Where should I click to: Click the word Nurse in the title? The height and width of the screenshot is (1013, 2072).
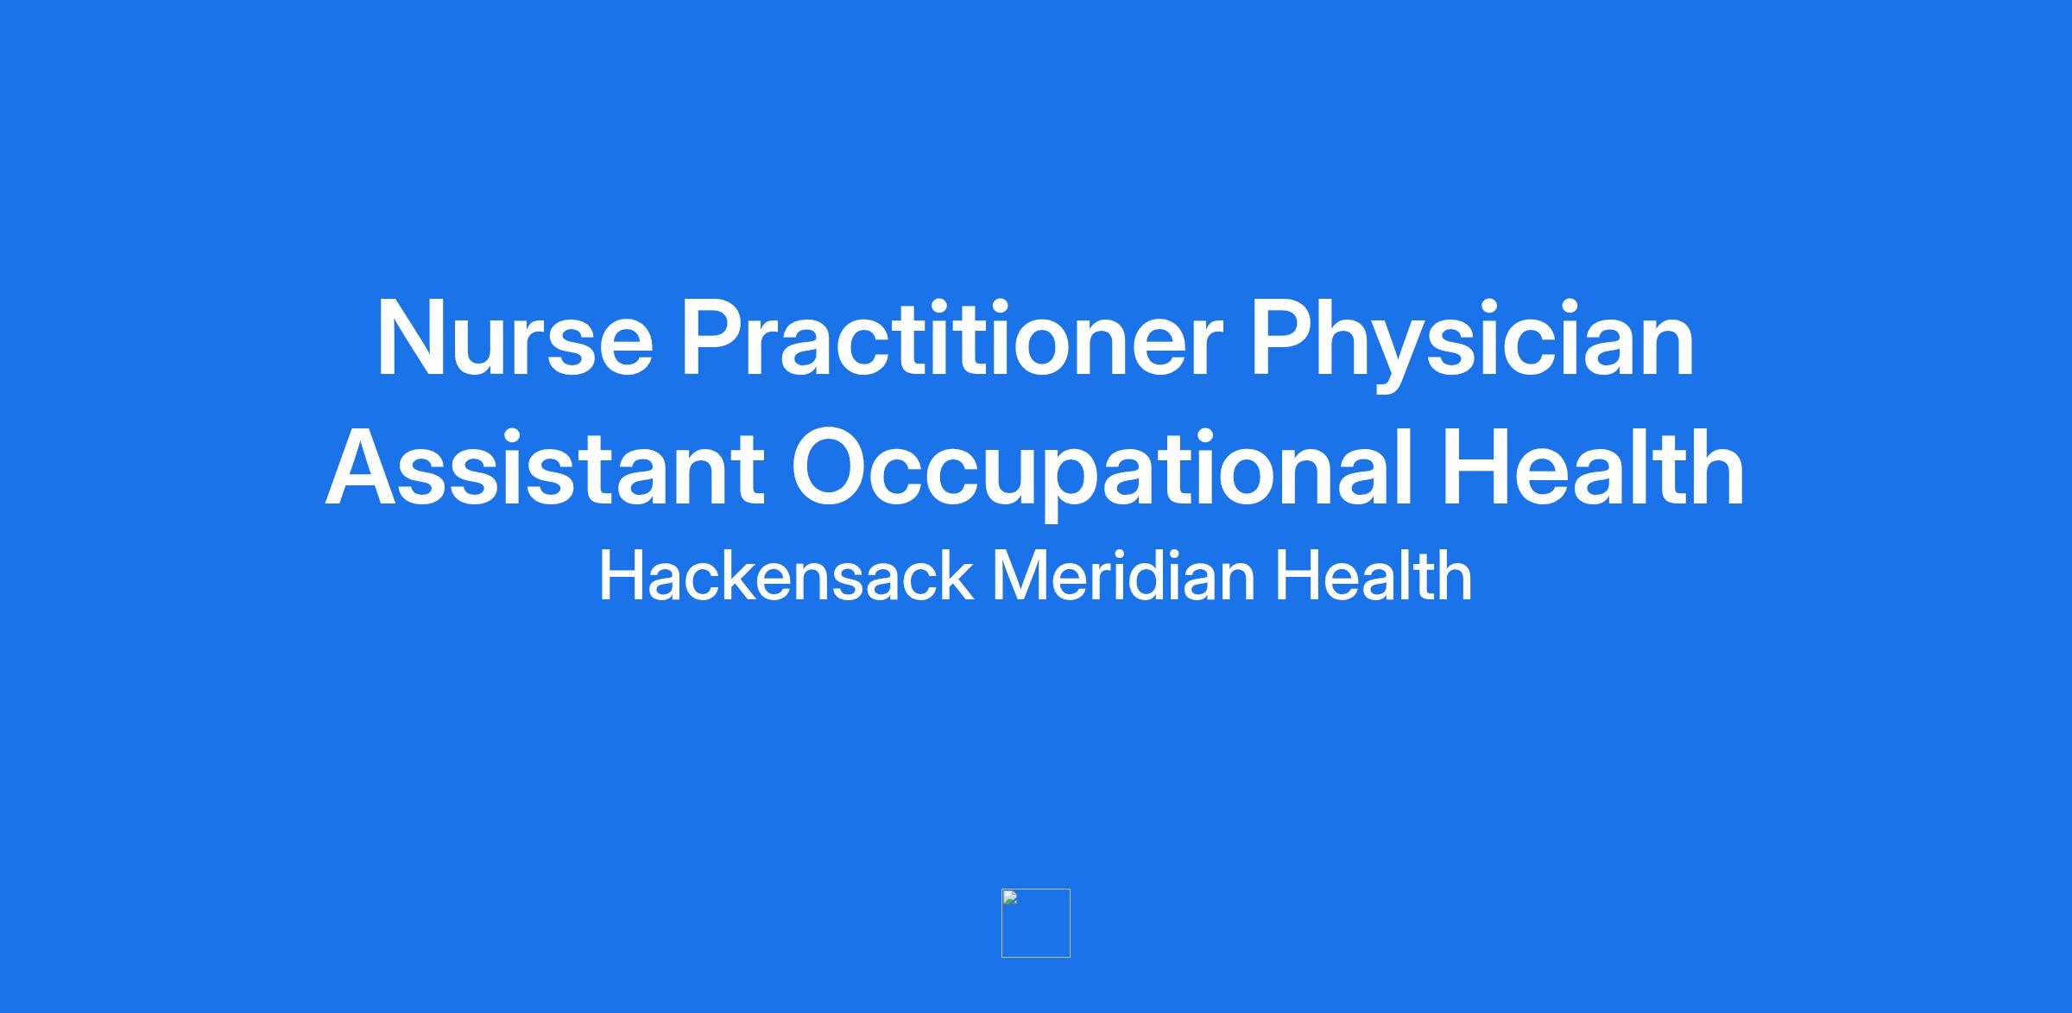[515, 338]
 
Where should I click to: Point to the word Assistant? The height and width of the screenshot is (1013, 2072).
[545, 467]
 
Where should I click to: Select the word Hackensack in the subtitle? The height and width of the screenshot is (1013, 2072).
[786, 575]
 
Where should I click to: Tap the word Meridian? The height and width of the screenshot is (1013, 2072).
[1123, 575]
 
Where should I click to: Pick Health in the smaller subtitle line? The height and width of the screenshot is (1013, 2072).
[1374, 575]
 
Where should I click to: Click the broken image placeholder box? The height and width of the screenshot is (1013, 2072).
[1035, 922]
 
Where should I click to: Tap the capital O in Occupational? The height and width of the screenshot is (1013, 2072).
[832, 467]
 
